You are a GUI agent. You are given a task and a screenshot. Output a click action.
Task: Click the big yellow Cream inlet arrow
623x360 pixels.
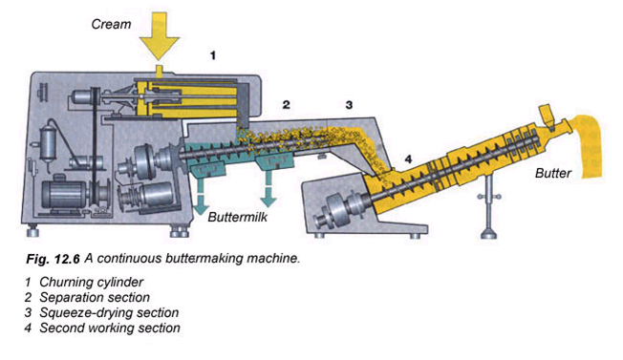tap(160, 35)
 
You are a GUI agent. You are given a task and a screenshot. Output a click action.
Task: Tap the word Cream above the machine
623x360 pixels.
tap(111, 24)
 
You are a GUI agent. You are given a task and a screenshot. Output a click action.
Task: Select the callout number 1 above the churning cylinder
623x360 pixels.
tap(213, 55)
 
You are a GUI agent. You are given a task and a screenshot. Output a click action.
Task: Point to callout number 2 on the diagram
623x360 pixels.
tap(286, 105)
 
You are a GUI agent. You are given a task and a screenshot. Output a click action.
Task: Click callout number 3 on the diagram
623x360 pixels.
tap(349, 105)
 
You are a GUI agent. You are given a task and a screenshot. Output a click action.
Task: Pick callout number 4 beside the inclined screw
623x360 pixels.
tap(408, 159)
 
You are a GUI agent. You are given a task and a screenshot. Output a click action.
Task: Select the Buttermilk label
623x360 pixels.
tap(237, 217)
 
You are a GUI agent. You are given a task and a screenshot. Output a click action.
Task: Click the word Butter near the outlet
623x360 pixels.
tap(552, 173)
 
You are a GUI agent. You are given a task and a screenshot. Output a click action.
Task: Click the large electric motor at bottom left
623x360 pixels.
tap(66, 195)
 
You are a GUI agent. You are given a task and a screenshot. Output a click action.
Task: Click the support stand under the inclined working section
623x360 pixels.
tap(488, 207)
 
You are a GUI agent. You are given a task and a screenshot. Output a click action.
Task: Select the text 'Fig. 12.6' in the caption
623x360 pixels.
tap(53, 259)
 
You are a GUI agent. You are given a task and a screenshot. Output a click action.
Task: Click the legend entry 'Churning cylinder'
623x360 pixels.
tap(91, 283)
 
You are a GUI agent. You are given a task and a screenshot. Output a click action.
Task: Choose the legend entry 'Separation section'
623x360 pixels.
tap(95, 297)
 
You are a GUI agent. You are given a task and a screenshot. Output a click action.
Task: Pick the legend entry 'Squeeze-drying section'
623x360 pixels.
tap(109, 313)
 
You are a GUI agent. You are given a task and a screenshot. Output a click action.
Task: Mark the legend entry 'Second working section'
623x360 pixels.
tap(110, 328)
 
